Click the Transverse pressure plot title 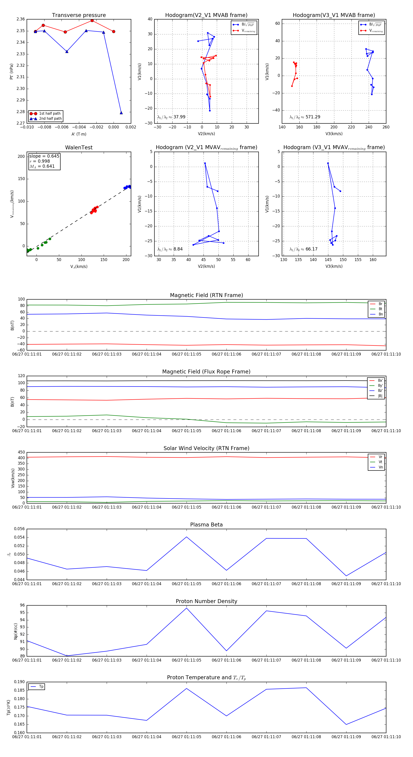tap(79, 15)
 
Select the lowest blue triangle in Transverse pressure tap(121, 113)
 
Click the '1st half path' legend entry tap(49, 113)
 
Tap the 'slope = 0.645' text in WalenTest tap(44, 156)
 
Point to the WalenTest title tap(79, 148)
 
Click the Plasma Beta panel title tap(206, 525)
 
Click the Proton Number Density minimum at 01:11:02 tap(67, 656)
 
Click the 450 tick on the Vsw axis tap(21, 452)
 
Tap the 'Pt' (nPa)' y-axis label tap(11, 71)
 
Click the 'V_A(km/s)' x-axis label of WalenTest tap(79, 267)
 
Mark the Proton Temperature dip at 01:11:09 tap(346, 724)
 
